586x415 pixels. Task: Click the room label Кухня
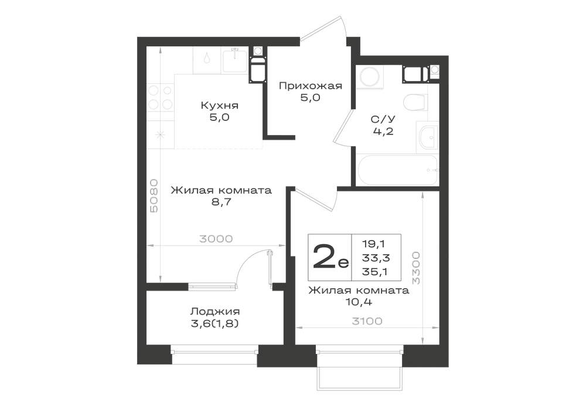click(x=219, y=106)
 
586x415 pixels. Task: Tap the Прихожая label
click(x=311, y=86)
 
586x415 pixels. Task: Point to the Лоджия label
click(x=215, y=312)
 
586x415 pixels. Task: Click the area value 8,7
click(x=222, y=203)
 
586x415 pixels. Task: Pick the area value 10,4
click(x=359, y=302)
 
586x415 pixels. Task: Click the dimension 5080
click(x=154, y=195)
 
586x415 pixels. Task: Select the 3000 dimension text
click(x=216, y=239)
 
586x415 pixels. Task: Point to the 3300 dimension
click(x=416, y=267)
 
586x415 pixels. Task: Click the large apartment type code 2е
click(x=331, y=258)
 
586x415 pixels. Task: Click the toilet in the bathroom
click(x=415, y=102)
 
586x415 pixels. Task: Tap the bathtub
click(x=397, y=170)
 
